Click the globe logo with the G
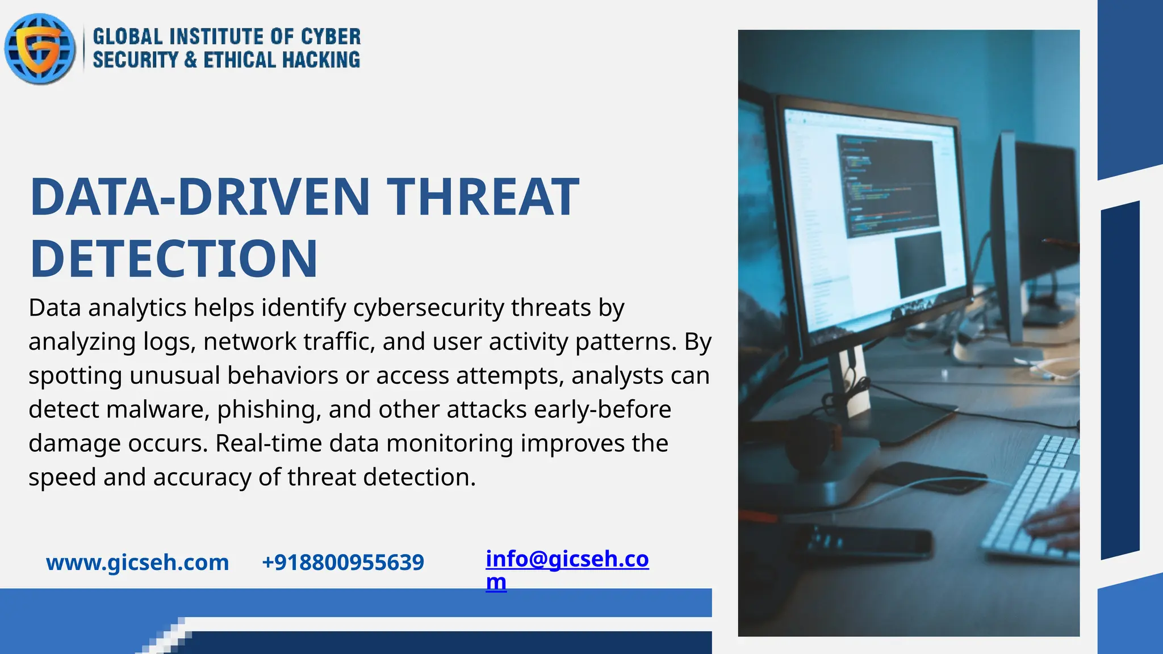(40, 49)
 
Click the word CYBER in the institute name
(331, 37)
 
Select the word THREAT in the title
(483, 197)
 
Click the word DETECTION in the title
(174, 259)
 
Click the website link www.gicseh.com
(137, 563)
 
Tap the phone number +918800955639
(343, 563)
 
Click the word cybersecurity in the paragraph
(428, 308)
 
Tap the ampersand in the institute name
(191, 60)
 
